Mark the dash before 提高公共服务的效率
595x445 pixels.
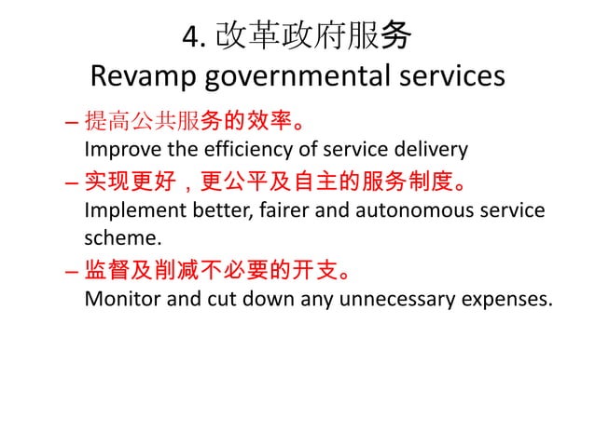(74, 122)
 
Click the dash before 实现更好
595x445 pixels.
(74, 182)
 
